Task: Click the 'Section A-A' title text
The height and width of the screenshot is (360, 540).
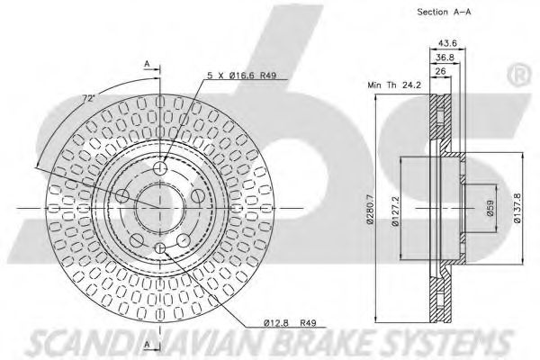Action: (444, 12)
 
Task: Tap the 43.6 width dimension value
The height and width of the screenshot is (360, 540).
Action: (447, 43)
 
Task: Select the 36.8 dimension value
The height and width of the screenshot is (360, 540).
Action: (445, 58)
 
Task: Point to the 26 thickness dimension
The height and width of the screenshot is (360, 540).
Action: (440, 71)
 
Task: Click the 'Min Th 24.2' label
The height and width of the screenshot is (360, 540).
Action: (394, 85)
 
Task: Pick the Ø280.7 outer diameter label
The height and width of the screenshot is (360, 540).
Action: (370, 209)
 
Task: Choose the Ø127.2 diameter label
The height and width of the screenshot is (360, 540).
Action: (395, 211)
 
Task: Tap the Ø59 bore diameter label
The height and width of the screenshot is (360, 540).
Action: (490, 208)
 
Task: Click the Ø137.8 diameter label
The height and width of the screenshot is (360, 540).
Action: (517, 208)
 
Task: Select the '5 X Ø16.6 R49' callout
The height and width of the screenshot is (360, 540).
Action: (242, 75)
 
